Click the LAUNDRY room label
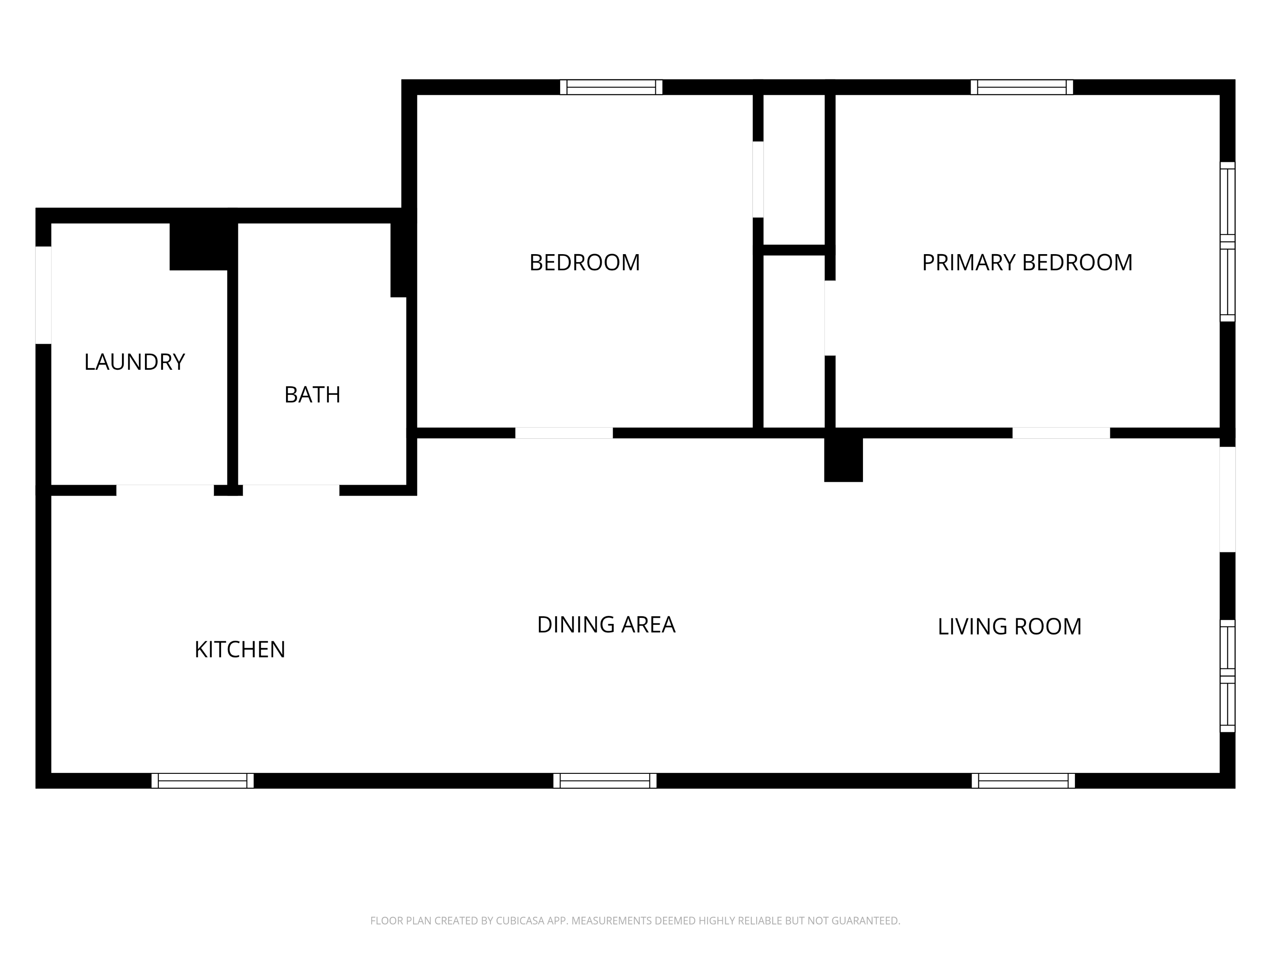[x=134, y=362]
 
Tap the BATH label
[x=313, y=395]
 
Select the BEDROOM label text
[x=584, y=263]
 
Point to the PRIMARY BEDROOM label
[x=1027, y=263]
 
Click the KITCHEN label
[x=240, y=650]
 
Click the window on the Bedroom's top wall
[x=611, y=87]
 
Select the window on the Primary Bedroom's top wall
[x=1021, y=87]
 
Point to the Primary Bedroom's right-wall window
[x=1227, y=242]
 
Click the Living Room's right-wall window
[x=1227, y=676]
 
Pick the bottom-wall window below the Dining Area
[x=605, y=781]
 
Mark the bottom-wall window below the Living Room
[x=1023, y=781]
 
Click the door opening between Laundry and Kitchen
[x=166, y=490]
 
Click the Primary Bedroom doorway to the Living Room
[x=1061, y=433]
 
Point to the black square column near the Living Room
[x=844, y=460]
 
